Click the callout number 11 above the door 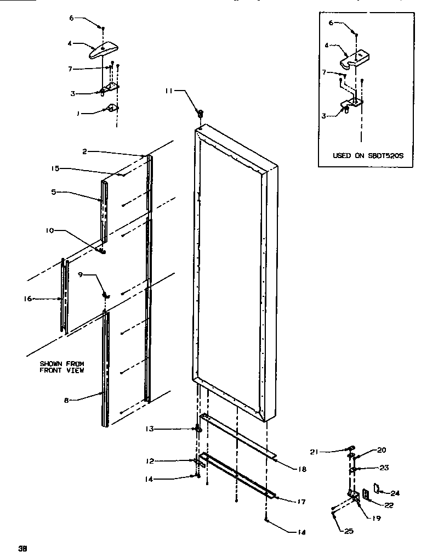click(169, 91)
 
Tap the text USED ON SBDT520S click(360, 155)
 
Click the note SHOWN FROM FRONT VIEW click(61, 367)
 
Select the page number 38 click(22, 548)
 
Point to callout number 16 click(29, 299)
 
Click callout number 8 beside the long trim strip click(66, 401)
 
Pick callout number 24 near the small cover click(395, 493)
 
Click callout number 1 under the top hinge click(78, 114)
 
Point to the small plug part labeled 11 click(200, 113)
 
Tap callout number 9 click(81, 275)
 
